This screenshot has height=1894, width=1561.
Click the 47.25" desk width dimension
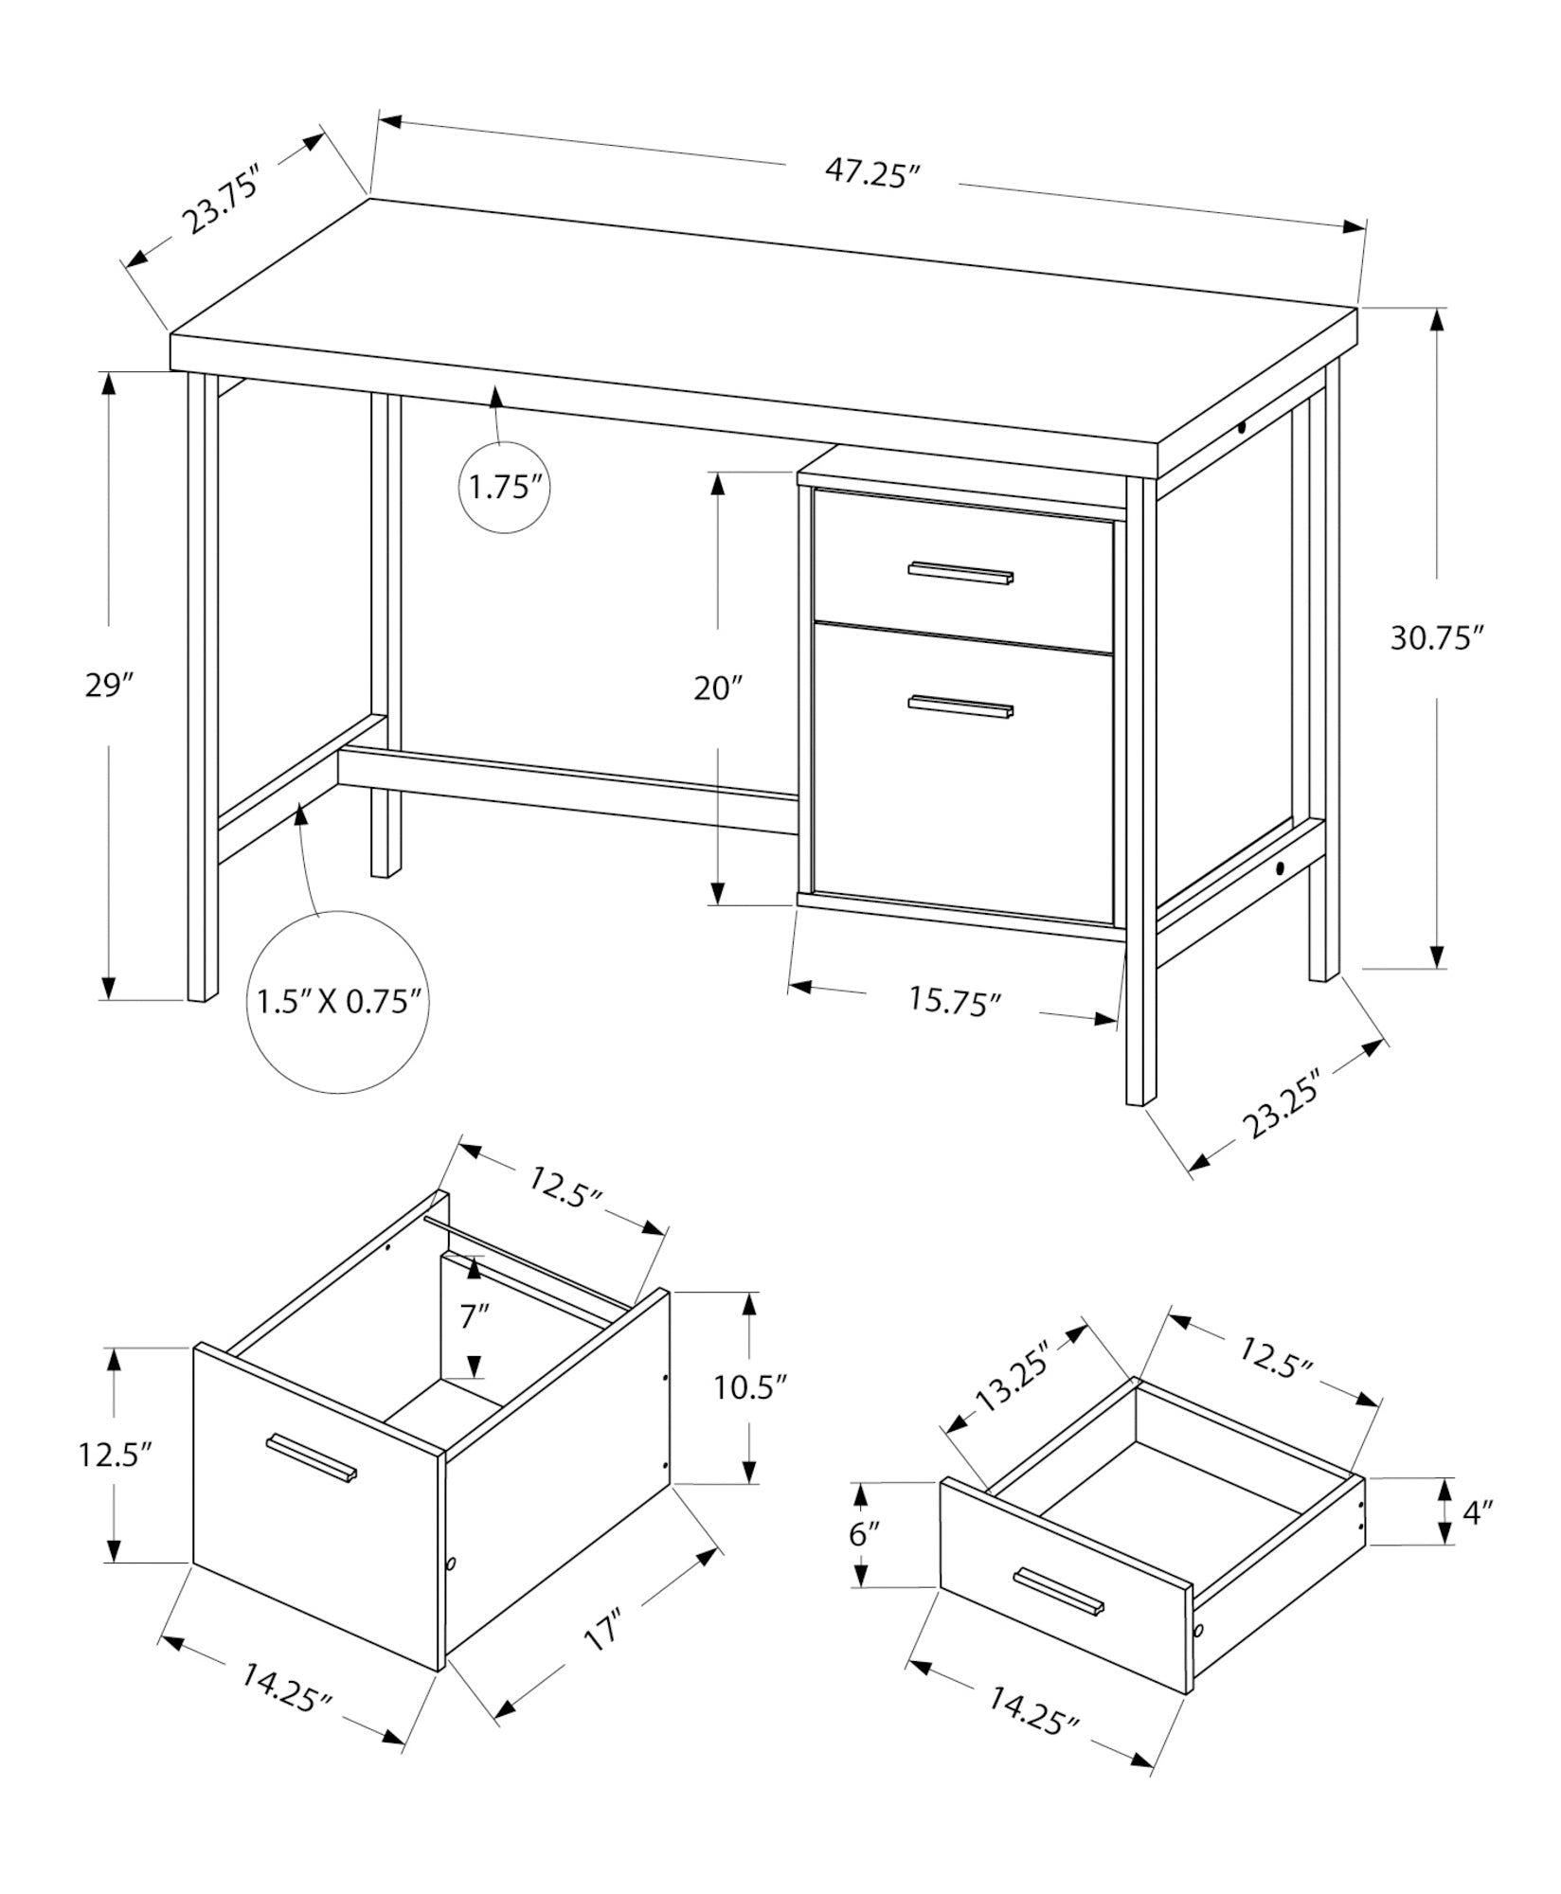[872, 174]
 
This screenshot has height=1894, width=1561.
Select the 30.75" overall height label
[1435, 638]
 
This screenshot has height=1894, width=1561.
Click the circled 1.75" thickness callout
[505, 488]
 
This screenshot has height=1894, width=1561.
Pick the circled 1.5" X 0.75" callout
[338, 1002]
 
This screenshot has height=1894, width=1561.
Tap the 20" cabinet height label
[717, 688]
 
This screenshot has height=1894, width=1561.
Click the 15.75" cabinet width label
[955, 1001]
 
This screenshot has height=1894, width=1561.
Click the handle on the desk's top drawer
[960, 572]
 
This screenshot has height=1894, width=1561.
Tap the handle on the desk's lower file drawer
[960, 706]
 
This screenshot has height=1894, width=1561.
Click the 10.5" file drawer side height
[750, 1388]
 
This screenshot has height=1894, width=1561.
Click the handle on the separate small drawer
[1059, 1591]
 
